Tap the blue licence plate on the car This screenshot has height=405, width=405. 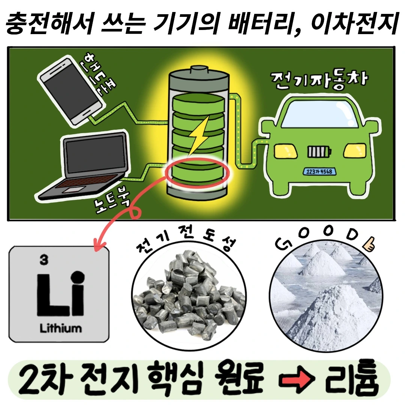pos(319,171)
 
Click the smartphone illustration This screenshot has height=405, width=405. pos(71,92)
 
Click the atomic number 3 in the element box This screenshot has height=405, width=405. pos(44,259)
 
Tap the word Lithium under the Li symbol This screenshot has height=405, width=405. pos(60,328)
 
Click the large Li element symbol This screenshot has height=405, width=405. pos(61,293)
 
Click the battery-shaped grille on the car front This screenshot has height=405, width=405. pos(319,151)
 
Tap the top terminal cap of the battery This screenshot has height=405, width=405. pos(199,70)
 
